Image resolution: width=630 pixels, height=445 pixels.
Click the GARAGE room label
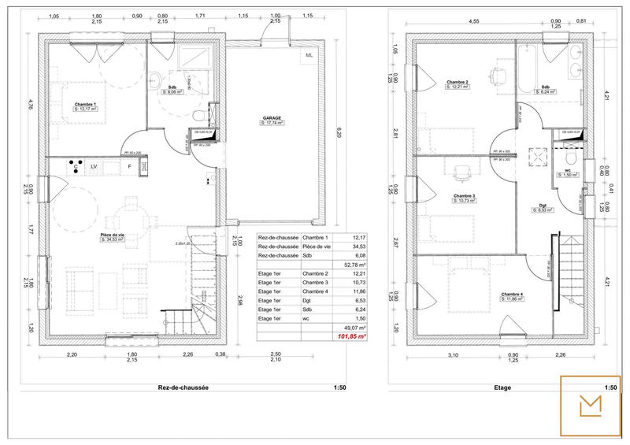click(x=272, y=117)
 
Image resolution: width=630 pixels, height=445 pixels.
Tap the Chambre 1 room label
click(x=85, y=104)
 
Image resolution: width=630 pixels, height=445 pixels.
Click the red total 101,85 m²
click(x=353, y=336)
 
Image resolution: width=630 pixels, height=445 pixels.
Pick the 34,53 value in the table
click(x=359, y=247)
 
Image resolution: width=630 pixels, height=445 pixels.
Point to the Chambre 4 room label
click(x=511, y=295)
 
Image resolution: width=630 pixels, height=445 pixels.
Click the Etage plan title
click(x=502, y=388)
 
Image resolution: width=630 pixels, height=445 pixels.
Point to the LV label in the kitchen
click(x=94, y=167)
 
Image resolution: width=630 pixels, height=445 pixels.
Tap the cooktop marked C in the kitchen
click(x=76, y=167)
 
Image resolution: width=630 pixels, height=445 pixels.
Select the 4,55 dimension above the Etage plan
click(x=475, y=21)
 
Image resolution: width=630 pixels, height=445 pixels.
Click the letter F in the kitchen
click(x=129, y=167)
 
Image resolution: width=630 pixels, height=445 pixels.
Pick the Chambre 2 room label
click(x=458, y=83)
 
